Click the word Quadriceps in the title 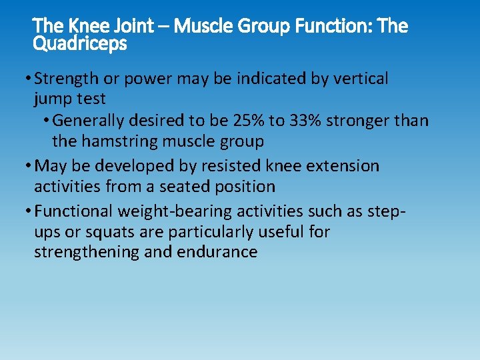79,44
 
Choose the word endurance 217,252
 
